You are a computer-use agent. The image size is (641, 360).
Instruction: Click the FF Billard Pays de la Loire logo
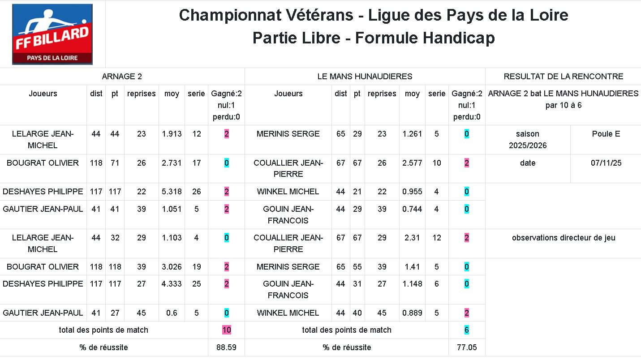52,34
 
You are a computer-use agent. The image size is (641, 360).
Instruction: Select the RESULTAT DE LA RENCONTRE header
563,77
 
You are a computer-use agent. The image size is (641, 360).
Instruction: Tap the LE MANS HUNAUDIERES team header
365,77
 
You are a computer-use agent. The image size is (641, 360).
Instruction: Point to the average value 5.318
172,192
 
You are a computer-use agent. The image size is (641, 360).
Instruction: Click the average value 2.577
412,163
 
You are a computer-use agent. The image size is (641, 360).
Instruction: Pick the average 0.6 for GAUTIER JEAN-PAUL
172,313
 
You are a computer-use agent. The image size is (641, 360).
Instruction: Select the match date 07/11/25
605,163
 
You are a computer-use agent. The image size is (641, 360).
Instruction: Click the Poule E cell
606,134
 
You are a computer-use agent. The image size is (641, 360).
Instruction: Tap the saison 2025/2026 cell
528,140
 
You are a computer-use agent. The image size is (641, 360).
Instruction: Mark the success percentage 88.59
226,347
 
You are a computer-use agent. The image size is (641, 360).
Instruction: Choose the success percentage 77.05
466,347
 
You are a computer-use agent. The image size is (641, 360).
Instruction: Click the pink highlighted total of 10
227,330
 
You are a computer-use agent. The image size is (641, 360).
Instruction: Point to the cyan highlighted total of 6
466,330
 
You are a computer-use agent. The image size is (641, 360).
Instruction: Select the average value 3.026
172,267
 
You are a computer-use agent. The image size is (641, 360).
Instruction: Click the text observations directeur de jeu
563,238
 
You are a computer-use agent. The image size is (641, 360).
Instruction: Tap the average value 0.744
412,209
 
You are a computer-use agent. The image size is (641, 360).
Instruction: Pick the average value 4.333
172,284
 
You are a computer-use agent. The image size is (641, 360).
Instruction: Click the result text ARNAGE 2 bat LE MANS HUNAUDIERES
563,94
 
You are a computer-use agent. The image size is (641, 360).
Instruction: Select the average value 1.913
172,134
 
